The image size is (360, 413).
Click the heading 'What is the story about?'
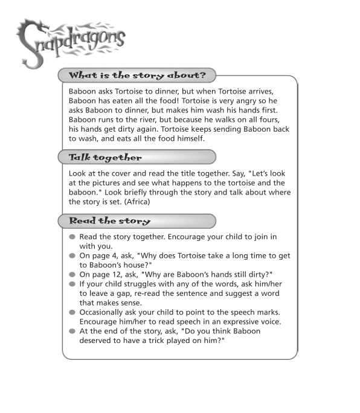coord(137,76)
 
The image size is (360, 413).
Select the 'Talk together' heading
coord(105,158)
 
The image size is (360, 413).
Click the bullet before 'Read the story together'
coord(72,237)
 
